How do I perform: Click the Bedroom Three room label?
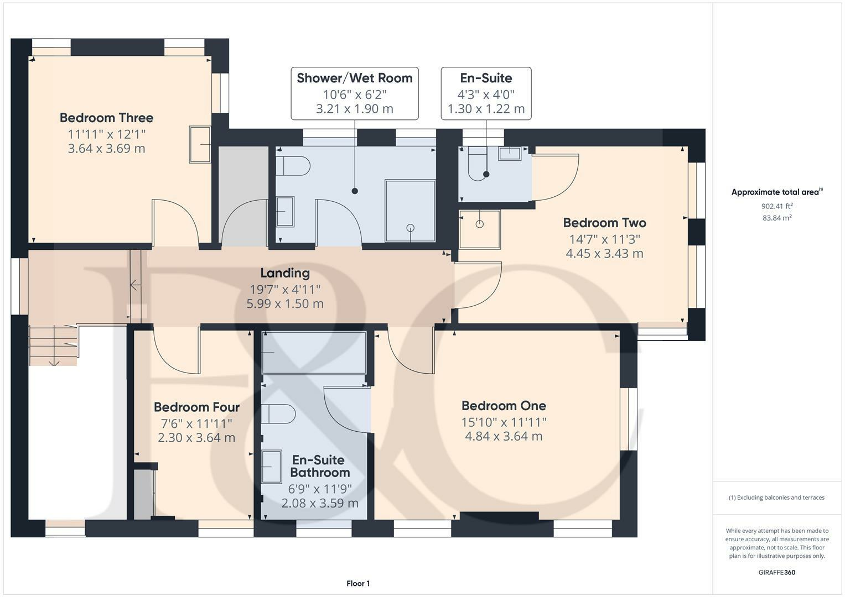pyautogui.click(x=106, y=118)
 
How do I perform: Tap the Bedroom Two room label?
pyautogui.click(x=604, y=223)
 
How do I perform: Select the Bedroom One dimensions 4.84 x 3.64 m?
pyautogui.click(x=504, y=437)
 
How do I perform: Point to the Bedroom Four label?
pyautogui.click(x=196, y=407)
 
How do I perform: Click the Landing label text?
pyautogui.click(x=285, y=273)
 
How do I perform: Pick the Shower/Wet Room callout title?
pyautogui.click(x=355, y=78)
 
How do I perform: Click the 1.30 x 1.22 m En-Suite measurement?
pyautogui.click(x=486, y=109)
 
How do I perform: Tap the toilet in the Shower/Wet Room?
pyautogui.click(x=292, y=166)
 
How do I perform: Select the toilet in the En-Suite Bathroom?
pyautogui.click(x=278, y=414)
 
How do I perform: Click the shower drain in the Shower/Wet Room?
pyautogui.click(x=411, y=228)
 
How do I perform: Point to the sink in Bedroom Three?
pyautogui.click(x=200, y=145)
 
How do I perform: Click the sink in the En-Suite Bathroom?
pyautogui.click(x=272, y=467)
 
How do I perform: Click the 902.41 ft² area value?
pyautogui.click(x=777, y=206)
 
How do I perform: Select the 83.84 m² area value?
pyautogui.click(x=777, y=218)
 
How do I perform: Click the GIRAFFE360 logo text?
pyautogui.click(x=777, y=573)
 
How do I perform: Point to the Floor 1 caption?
pyautogui.click(x=358, y=583)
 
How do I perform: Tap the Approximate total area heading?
pyautogui.click(x=777, y=192)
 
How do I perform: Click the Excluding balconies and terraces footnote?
pyautogui.click(x=777, y=498)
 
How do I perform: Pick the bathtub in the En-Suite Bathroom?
pyautogui.click(x=314, y=353)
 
